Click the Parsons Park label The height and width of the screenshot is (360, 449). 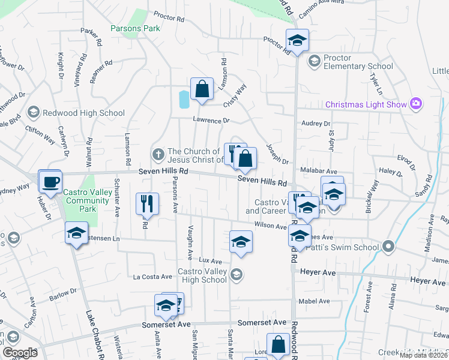click(135, 28)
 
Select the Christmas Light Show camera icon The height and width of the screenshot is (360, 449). click(415, 104)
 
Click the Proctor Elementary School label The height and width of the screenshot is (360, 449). click(358, 62)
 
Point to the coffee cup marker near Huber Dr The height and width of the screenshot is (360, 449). click(50, 181)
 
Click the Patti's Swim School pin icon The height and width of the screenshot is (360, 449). click(388, 247)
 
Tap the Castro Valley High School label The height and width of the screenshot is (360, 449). click(202, 275)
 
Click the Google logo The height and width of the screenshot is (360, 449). click(20, 353)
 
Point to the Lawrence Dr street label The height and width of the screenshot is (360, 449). click(211, 120)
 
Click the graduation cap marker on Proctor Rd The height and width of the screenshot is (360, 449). click(297, 41)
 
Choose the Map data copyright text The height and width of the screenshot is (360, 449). click(424, 355)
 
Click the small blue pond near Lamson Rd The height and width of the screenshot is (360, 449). click(184, 99)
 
